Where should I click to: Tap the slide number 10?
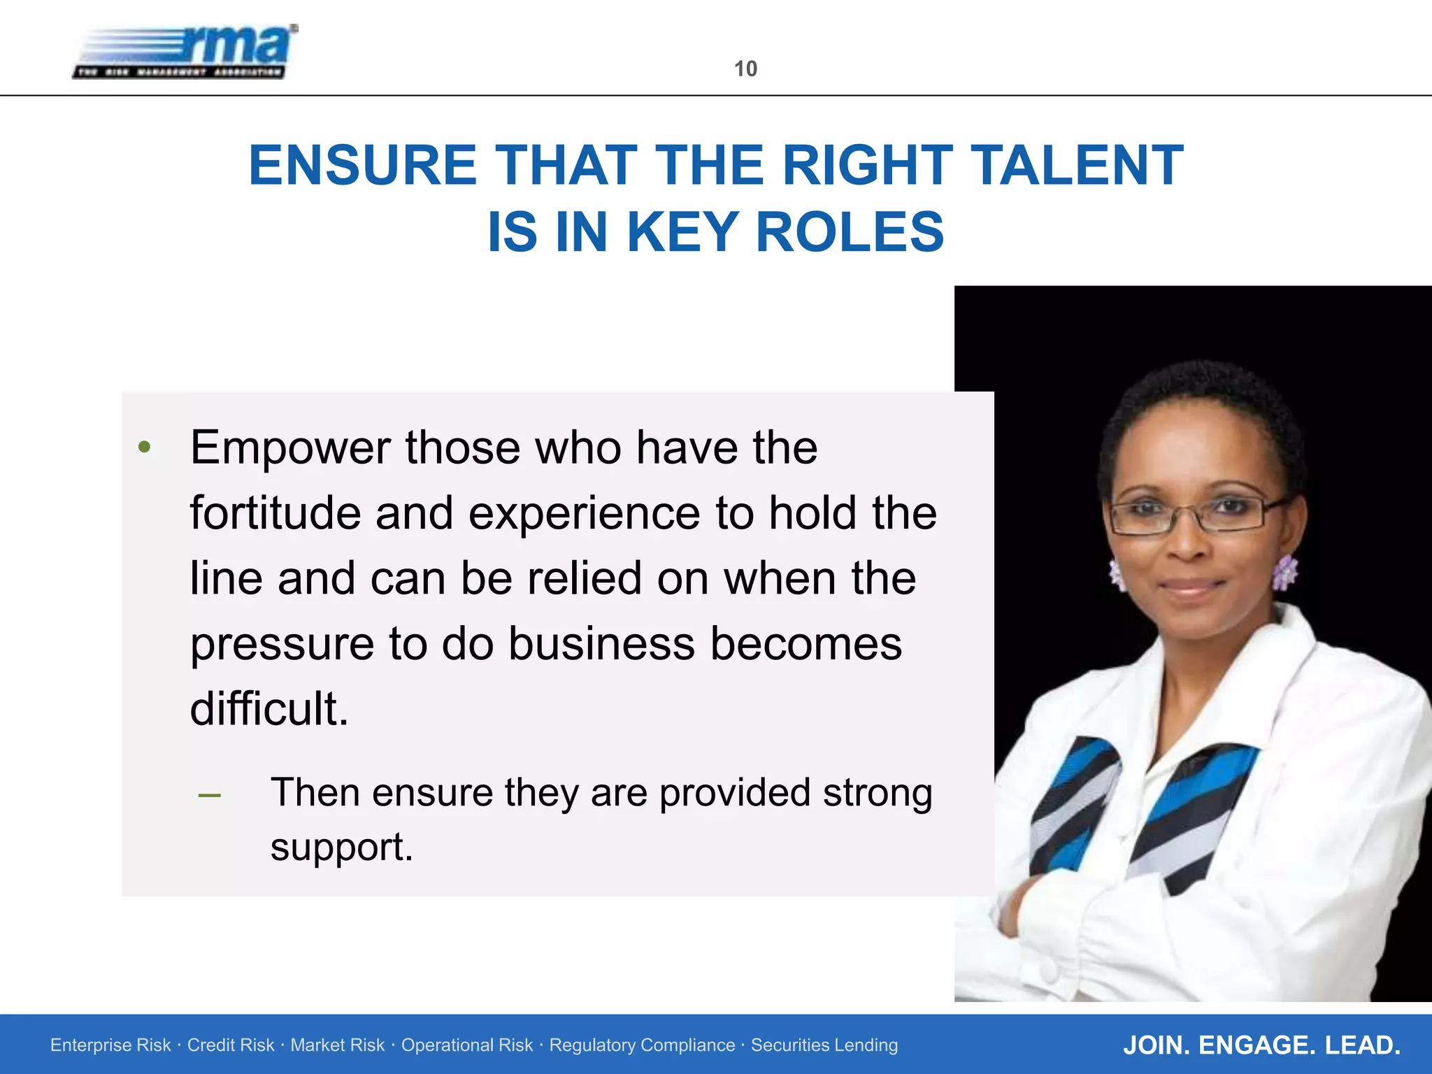click(745, 69)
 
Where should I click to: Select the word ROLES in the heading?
click(850, 232)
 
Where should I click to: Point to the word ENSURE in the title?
click(363, 166)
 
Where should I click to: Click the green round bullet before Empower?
click(145, 447)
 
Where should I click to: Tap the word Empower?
click(289, 448)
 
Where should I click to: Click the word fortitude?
click(275, 513)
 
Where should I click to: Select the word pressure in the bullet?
click(282, 645)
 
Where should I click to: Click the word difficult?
click(268, 708)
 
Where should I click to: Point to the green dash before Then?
click(210, 796)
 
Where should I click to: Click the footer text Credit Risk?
click(231, 1045)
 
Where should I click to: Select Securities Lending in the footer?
click(824, 1045)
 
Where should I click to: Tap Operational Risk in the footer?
click(466, 1045)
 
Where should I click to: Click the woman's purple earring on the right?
click(1284, 571)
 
